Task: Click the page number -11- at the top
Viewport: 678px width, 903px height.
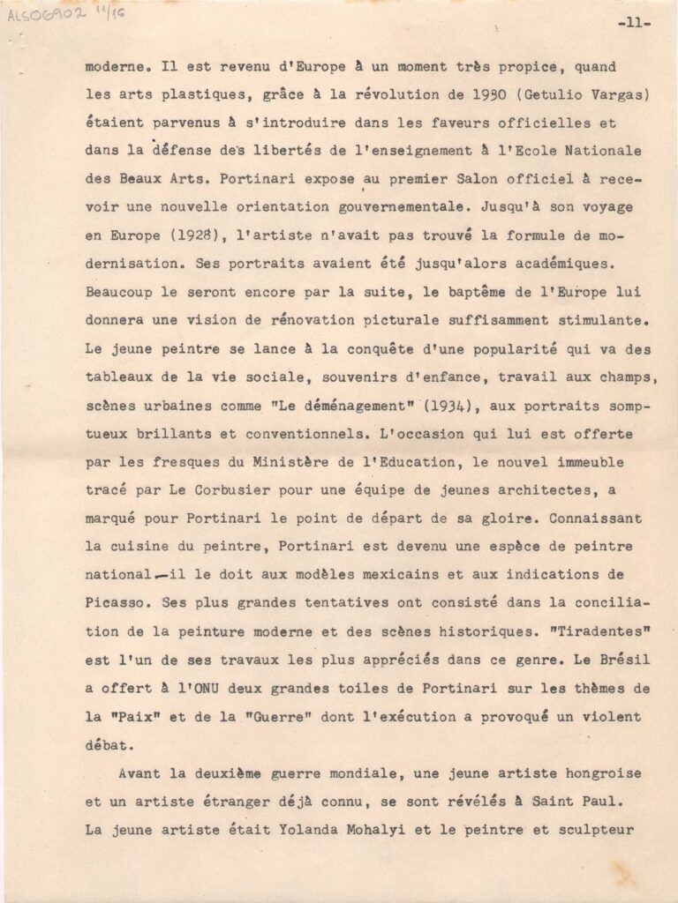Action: pos(634,24)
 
